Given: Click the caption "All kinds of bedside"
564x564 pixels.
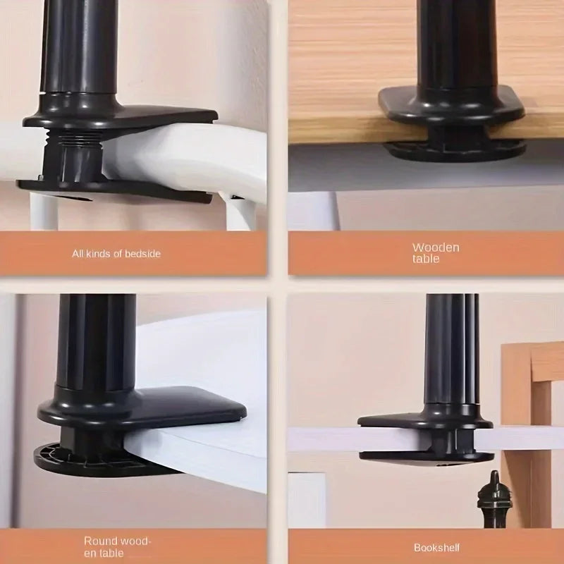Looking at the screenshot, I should click(x=116, y=253).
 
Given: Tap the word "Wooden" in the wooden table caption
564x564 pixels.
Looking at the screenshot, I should click(x=436, y=247).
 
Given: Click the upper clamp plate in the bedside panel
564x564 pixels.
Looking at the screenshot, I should click(x=127, y=118).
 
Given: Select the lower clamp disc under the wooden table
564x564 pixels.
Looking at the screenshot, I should click(x=455, y=149).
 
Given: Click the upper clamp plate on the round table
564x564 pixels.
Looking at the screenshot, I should click(x=141, y=407).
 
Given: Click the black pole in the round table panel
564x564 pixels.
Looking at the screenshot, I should click(x=95, y=338).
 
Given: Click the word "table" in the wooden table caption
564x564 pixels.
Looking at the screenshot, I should click(x=427, y=259).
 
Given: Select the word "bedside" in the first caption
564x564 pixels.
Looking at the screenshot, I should click(x=144, y=253).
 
